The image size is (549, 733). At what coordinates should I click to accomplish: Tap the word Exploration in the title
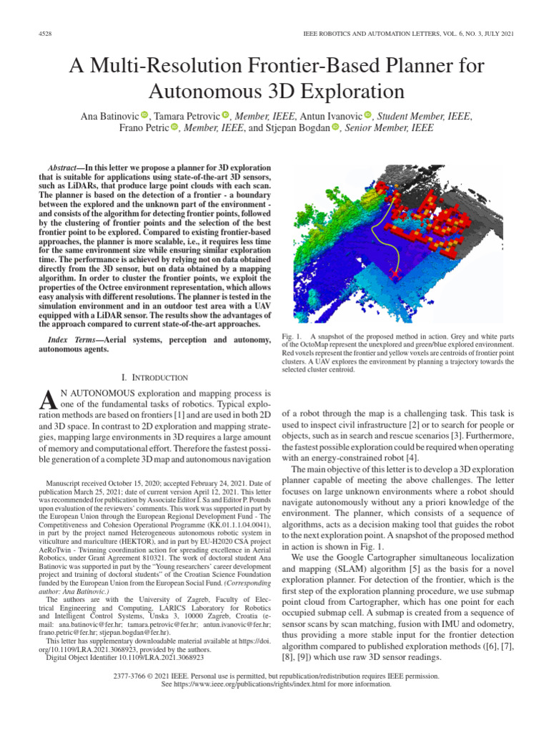354,91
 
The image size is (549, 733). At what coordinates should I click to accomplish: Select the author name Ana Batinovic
109,115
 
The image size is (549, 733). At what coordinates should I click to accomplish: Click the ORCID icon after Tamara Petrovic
225,115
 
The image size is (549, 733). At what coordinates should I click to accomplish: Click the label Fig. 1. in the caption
293,336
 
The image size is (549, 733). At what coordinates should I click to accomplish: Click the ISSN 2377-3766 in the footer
131,676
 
